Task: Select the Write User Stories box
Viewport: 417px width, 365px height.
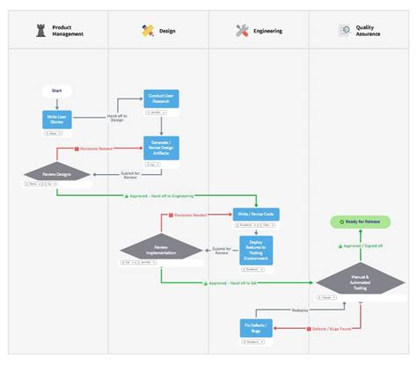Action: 55,120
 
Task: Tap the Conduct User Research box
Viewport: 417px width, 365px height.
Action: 162,99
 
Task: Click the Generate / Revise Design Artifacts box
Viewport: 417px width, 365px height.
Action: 162,147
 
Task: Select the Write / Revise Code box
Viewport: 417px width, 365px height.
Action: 256,214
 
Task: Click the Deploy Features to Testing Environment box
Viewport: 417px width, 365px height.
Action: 256,249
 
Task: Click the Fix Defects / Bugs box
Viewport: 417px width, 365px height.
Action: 256,327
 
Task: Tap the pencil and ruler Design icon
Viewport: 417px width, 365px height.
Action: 148,30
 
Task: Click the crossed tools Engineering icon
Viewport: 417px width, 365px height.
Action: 243,30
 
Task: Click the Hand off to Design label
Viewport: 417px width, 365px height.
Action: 118,116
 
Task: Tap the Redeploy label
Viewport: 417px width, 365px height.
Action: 301,310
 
